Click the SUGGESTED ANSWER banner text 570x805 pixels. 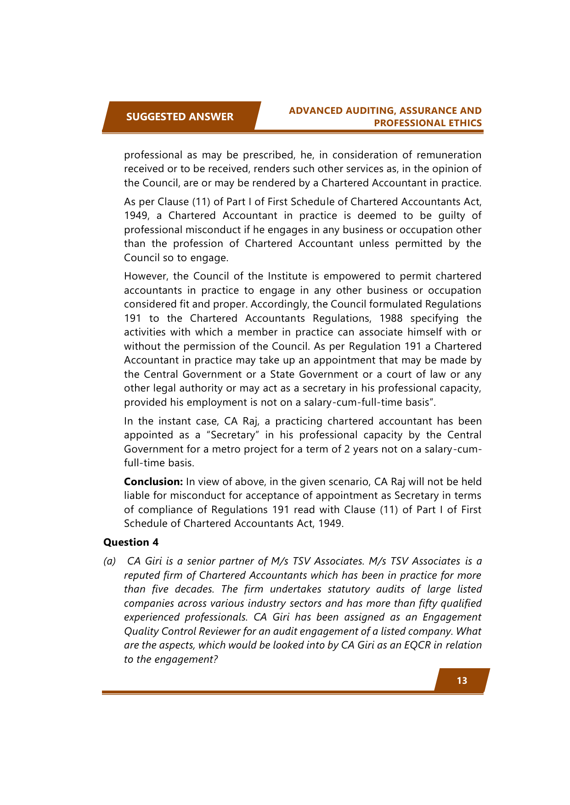point(180,117)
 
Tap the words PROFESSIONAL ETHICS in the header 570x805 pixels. point(428,123)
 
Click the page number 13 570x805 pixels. point(462,680)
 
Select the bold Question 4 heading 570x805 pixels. point(131,542)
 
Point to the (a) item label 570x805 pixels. point(109,561)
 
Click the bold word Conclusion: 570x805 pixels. point(153,481)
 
